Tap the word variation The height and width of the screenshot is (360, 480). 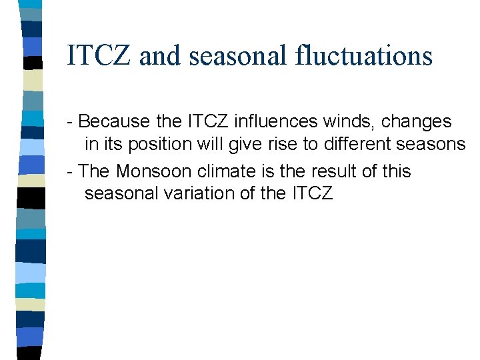(x=201, y=194)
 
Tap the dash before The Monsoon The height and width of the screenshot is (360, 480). (x=71, y=172)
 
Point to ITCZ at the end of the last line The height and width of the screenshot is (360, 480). (x=312, y=194)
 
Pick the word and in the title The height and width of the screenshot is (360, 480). (x=160, y=55)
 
